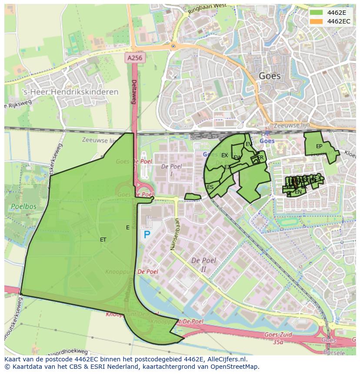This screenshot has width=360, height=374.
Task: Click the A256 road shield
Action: (x=135, y=57)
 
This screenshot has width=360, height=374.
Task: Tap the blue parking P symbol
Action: (x=147, y=235)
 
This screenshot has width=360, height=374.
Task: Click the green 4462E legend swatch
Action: (x=317, y=13)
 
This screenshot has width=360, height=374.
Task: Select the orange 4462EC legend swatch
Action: (x=317, y=21)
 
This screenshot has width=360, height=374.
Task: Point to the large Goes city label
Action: (x=270, y=76)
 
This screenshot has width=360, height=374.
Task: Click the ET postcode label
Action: (x=103, y=239)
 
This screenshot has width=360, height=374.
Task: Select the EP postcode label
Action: (x=319, y=146)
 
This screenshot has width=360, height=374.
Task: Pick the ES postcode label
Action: (x=210, y=187)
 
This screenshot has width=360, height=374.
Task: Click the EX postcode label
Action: (x=224, y=155)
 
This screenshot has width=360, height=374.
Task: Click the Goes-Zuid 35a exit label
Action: (x=278, y=338)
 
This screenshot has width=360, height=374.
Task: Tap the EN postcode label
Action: (x=298, y=192)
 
